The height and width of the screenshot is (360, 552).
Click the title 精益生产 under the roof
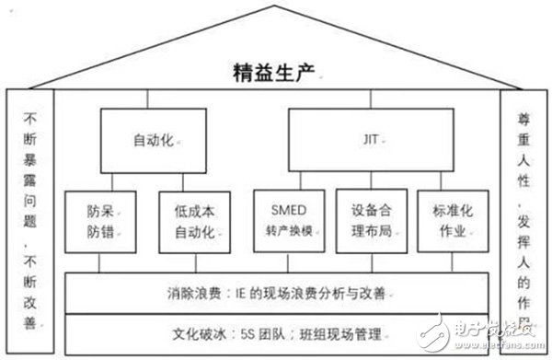pos(275,70)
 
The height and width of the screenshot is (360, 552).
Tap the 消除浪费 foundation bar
pos(276,295)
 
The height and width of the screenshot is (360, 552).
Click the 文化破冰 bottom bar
pos(276,329)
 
